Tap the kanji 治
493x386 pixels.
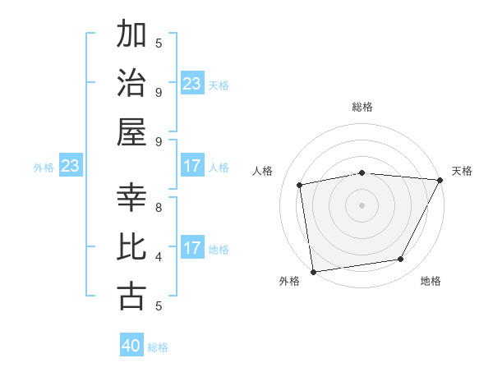(x=132, y=84)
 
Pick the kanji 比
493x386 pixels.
(x=132, y=247)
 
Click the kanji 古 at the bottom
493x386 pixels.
(x=132, y=296)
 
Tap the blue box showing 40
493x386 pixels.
(x=131, y=346)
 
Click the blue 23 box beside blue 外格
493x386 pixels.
(x=70, y=167)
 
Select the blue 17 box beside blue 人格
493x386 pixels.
(x=192, y=167)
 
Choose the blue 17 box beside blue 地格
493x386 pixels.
(x=192, y=248)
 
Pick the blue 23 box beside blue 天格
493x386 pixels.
(x=192, y=84)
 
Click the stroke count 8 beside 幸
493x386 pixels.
(x=159, y=207)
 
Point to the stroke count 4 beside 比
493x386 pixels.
(x=159, y=256)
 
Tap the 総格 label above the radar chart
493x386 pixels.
(x=362, y=108)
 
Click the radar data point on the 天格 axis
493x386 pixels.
(x=440, y=180)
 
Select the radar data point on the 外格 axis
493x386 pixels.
(x=313, y=271)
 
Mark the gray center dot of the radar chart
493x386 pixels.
(x=362, y=204)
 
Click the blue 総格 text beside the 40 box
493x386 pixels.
(x=158, y=347)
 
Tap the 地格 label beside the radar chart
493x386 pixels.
(x=431, y=282)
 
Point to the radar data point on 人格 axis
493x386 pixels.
(x=300, y=185)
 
